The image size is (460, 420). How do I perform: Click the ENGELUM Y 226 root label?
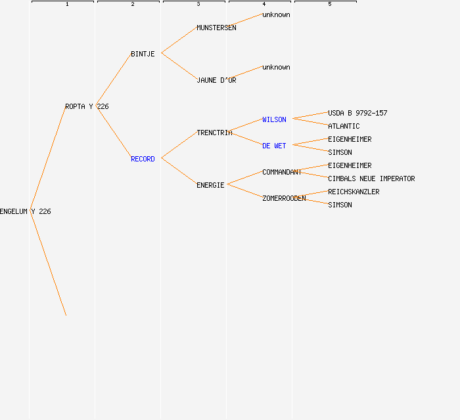pyautogui.click(x=25, y=211)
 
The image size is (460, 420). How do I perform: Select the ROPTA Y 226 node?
pyautogui.click(x=87, y=106)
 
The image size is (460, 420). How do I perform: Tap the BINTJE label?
pyautogui.click(x=143, y=54)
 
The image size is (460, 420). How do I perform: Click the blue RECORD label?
pyautogui.click(x=143, y=159)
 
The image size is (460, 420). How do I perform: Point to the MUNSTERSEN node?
pyautogui.click(x=216, y=28)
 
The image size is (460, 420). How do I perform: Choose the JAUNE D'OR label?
pyautogui.click(x=216, y=80)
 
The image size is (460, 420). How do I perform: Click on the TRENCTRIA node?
pyautogui.click(x=214, y=133)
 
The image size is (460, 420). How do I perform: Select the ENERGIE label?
pyautogui.click(x=210, y=185)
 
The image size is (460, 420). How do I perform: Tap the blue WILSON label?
pyautogui.click(x=274, y=119)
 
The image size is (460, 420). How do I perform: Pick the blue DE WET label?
pyautogui.click(x=274, y=146)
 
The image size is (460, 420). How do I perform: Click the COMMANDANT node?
pyautogui.click(x=282, y=172)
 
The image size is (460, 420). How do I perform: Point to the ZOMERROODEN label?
pyautogui.click(x=284, y=198)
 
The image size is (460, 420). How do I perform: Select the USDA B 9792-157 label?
pyautogui.click(x=357, y=113)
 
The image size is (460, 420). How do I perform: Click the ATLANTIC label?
pyautogui.click(x=344, y=126)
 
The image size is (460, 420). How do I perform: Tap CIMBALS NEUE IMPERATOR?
pyautogui.click(x=371, y=178)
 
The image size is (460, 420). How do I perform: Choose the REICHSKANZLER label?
pyautogui.click(x=354, y=192)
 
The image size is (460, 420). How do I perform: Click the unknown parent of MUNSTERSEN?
pyautogui.click(x=276, y=14)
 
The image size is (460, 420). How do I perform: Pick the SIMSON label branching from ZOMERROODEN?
pyautogui.click(x=340, y=205)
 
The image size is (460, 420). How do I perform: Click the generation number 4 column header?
pyautogui.click(x=264, y=5)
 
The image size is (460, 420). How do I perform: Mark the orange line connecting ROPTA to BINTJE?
pyautogui.click(x=113, y=80)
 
